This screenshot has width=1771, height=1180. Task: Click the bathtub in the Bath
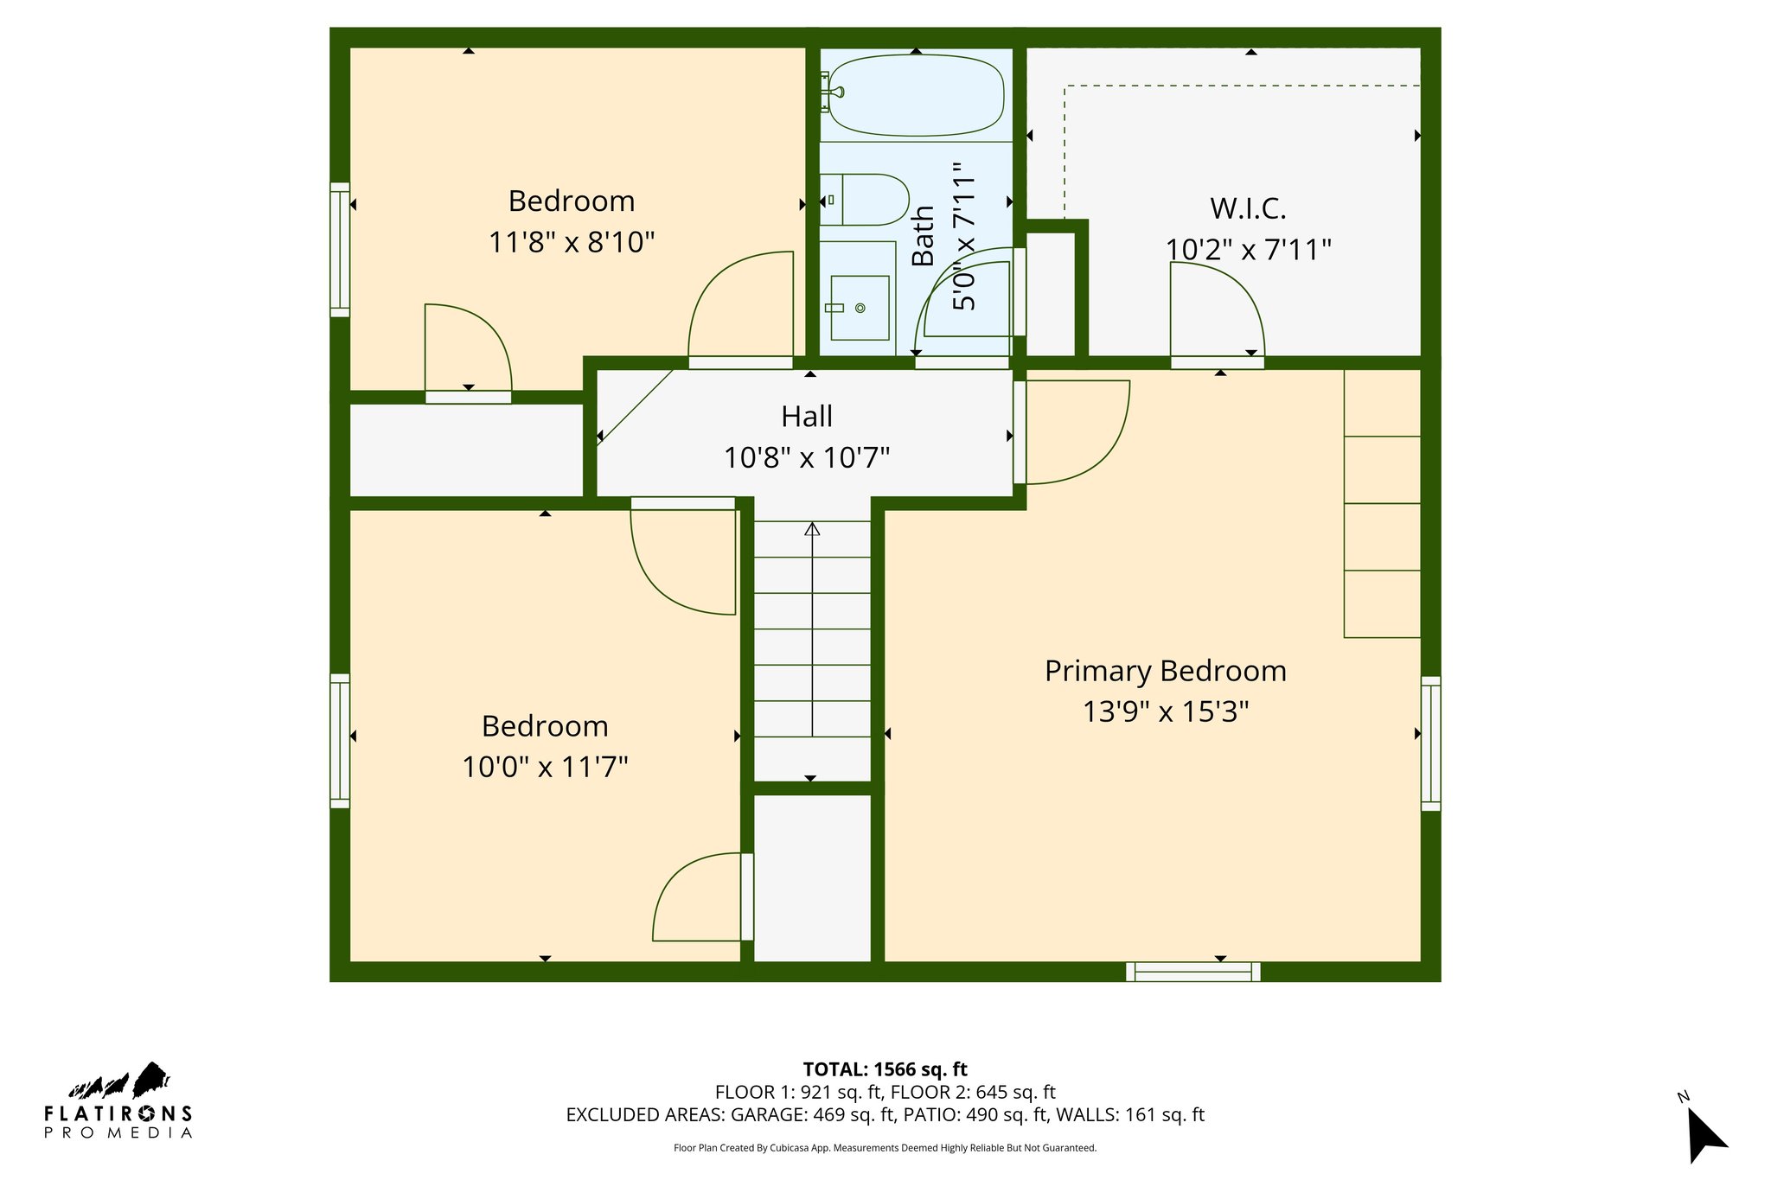pyautogui.click(x=916, y=95)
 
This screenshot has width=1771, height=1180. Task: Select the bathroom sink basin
pyautogui.click(x=860, y=308)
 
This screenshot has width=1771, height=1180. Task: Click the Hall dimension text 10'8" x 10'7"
pyautogui.click(x=806, y=457)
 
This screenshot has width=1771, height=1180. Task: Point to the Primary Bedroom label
pyautogui.click(x=1165, y=672)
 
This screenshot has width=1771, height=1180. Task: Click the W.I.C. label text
pyautogui.click(x=1248, y=208)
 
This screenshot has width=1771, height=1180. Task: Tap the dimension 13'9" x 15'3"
pyautogui.click(x=1165, y=712)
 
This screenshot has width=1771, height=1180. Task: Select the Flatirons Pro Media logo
pyautogui.click(x=118, y=1101)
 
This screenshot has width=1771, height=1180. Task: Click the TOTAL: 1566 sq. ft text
pyautogui.click(x=885, y=1069)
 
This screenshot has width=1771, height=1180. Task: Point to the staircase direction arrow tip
pyautogui.click(x=812, y=527)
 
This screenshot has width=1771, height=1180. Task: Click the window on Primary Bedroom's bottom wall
pyautogui.click(x=1192, y=972)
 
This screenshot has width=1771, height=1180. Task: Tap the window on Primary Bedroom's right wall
pyautogui.click(x=1430, y=743)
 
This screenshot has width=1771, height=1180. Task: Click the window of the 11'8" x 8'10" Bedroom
pyautogui.click(x=340, y=249)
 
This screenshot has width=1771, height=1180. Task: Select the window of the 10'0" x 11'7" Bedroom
pyautogui.click(x=340, y=741)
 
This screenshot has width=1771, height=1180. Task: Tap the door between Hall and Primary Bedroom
pyautogui.click(x=1020, y=432)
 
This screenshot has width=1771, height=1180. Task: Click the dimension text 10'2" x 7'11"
pyautogui.click(x=1248, y=250)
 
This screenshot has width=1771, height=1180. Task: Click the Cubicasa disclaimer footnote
pyautogui.click(x=885, y=1148)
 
